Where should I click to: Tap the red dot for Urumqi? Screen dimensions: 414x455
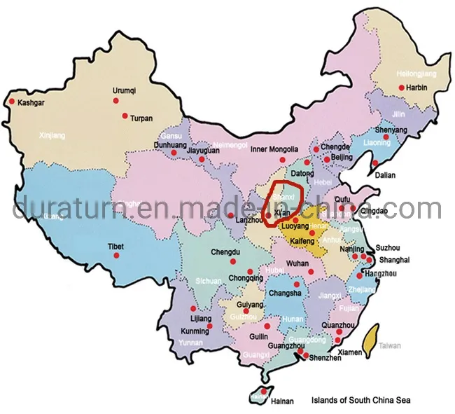point(117,101)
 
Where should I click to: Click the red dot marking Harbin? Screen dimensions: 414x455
point(401,88)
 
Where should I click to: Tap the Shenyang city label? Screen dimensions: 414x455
point(391,130)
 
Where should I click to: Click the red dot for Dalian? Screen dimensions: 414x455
point(375,164)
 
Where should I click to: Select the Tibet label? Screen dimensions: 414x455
point(115,246)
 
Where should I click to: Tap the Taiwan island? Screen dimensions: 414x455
point(374,336)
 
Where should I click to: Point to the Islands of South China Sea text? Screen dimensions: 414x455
point(360,401)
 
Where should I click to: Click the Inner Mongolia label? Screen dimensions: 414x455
point(274,149)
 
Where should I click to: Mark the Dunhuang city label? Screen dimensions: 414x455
point(169,146)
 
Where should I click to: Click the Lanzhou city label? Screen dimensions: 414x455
point(253,219)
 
